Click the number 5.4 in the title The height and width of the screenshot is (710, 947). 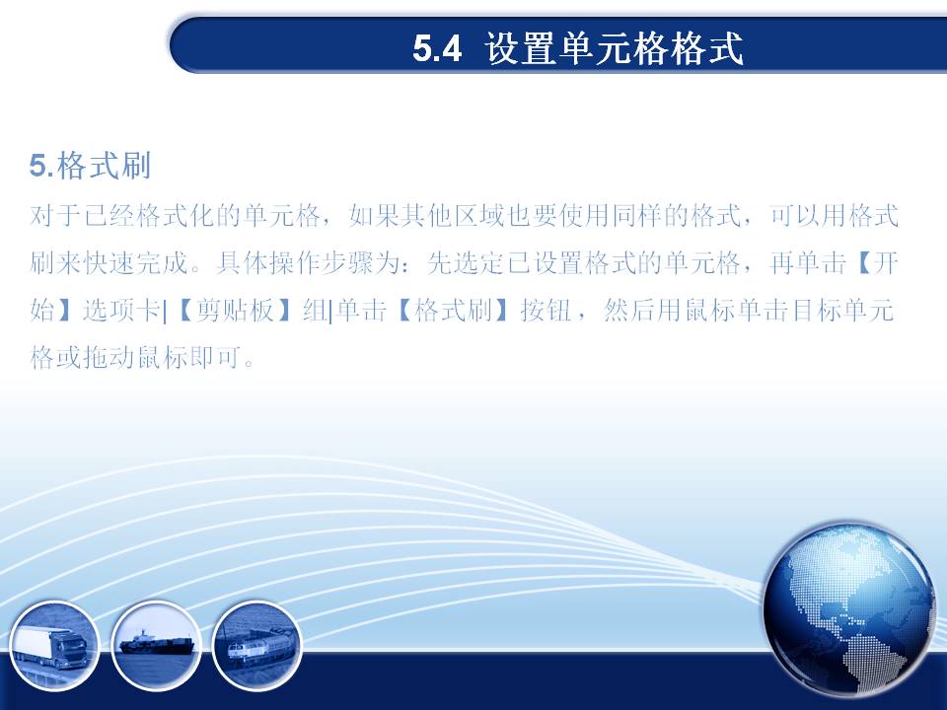(437, 48)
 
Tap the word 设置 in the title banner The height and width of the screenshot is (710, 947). (521, 48)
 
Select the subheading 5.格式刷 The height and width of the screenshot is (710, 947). (90, 166)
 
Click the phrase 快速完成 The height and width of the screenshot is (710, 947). (135, 262)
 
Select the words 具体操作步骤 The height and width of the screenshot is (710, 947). (295, 262)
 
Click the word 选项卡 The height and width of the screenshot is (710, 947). (121, 311)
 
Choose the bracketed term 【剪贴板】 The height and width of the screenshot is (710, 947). (236, 311)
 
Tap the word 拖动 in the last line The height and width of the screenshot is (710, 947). (109, 357)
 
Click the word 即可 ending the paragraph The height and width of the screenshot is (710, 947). (216, 357)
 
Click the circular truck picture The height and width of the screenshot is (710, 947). (53, 646)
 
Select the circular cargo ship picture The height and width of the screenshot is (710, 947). (157, 646)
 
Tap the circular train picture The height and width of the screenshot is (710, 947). (257, 646)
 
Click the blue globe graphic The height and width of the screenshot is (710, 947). (848, 608)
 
